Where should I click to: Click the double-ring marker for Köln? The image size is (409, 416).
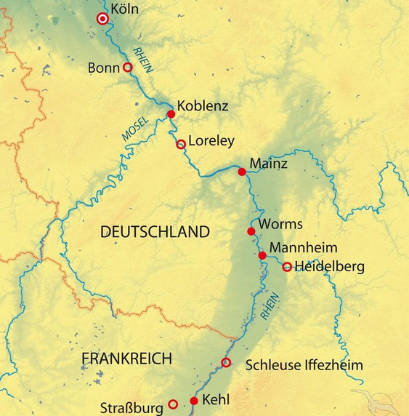point(103,19)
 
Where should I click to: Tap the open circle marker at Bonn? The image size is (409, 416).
point(127,67)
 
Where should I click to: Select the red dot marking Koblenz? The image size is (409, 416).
point(171,114)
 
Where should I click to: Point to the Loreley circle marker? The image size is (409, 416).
point(181,144)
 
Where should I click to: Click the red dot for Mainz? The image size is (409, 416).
point(241,172)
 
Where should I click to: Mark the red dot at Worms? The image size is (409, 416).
point(251,231)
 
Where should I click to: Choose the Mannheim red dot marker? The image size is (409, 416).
point(262,255)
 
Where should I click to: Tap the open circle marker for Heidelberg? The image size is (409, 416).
point(287,267)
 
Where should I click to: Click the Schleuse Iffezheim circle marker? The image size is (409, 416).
point(226,362)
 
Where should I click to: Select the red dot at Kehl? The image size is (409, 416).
point(194,401)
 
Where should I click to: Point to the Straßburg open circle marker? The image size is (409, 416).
point(173,404)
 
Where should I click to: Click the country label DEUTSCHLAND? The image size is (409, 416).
point(155,232)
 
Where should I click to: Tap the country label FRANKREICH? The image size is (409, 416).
point(127,359)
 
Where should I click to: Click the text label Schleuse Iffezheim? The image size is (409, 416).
point(304,365)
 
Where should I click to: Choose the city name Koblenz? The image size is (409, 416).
point(203,106)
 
